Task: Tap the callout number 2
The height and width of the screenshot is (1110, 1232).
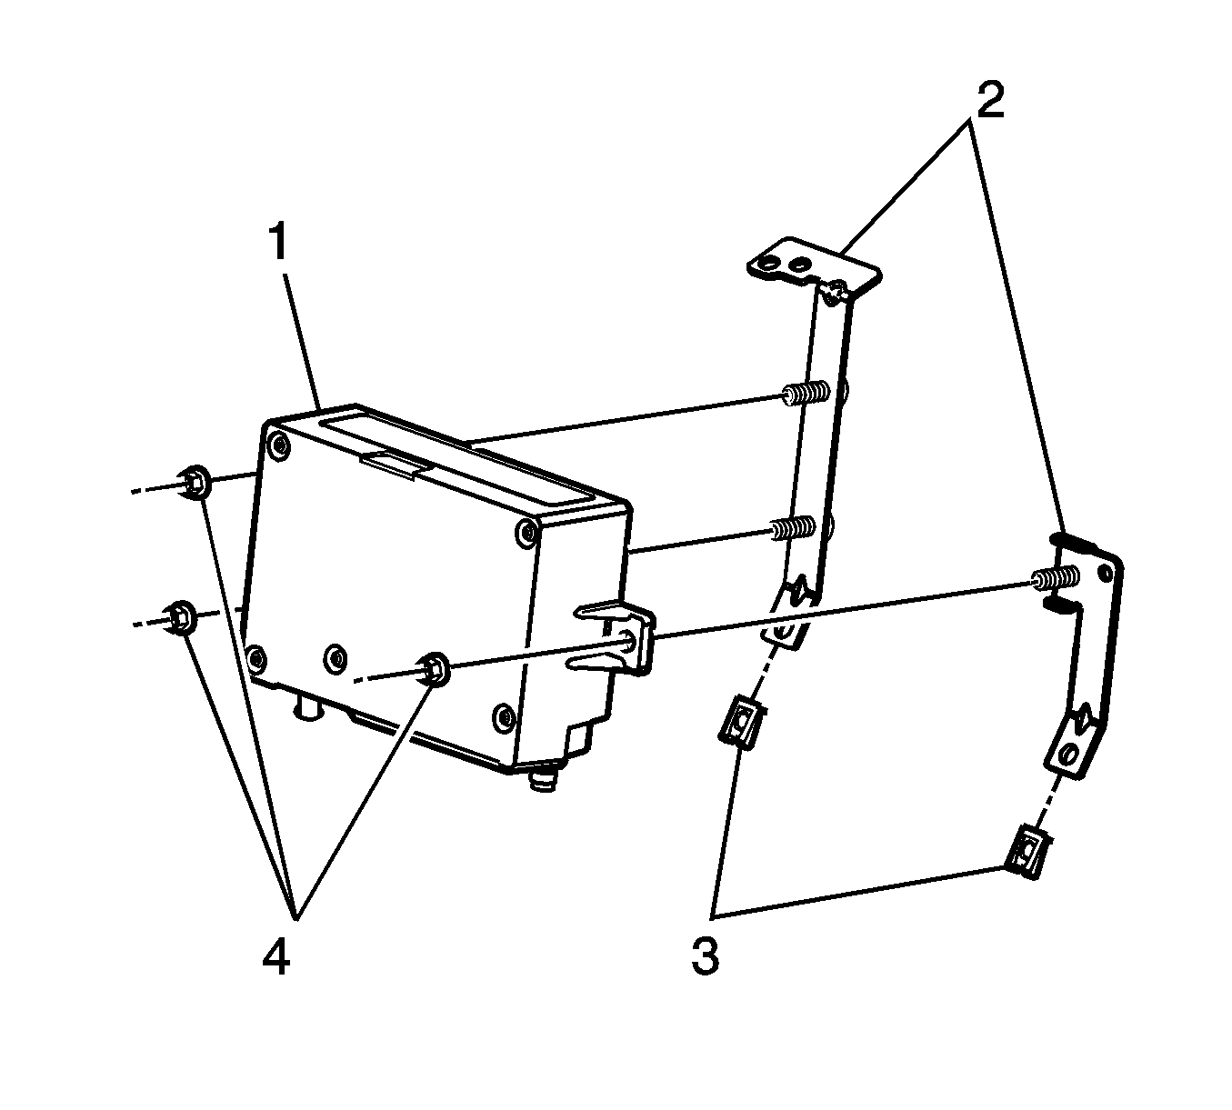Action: (987, 102)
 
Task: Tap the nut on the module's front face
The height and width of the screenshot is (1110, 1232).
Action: (434, 668)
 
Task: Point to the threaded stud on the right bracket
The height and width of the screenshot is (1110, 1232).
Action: (1055, 578)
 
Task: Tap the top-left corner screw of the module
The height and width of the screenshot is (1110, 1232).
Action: (277, 445)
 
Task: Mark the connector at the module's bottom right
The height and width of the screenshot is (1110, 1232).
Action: (546, 778)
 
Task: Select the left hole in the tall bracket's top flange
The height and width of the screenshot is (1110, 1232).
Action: (767, 265)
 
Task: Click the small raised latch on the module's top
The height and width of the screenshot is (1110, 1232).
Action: (393, 464)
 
